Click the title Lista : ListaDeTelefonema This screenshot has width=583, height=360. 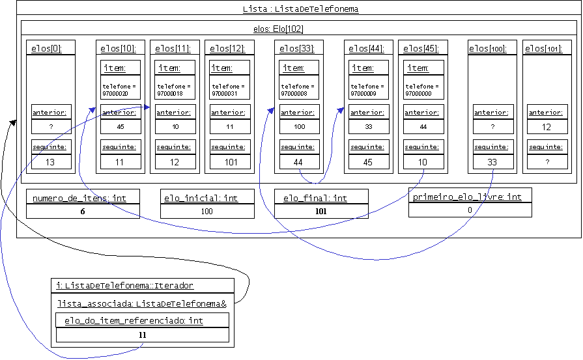[300, 9]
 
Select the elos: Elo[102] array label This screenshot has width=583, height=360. [277, 29]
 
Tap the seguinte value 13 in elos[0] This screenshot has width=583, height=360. [50, 162]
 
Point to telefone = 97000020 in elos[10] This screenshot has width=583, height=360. [120, 90]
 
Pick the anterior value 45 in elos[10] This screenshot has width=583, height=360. [120, 127]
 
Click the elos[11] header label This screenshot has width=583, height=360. [174, 48]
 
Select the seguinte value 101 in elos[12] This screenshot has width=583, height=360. [231, 162]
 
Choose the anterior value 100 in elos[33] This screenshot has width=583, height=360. [299, 127]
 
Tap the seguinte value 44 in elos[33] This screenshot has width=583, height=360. [299, 162]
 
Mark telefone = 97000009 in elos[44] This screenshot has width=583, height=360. [368, 90]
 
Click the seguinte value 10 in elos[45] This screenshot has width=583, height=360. [423, 162]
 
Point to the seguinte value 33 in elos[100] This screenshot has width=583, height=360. [492, 162]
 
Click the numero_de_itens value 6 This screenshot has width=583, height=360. [83, 211]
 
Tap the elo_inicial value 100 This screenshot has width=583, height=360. [207, 211]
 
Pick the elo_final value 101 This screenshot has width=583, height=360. [321, 211]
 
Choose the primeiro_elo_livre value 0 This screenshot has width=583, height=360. [470, 210]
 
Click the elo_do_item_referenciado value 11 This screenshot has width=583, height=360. [143, 335]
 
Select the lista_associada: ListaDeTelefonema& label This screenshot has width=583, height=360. [141, 303]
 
